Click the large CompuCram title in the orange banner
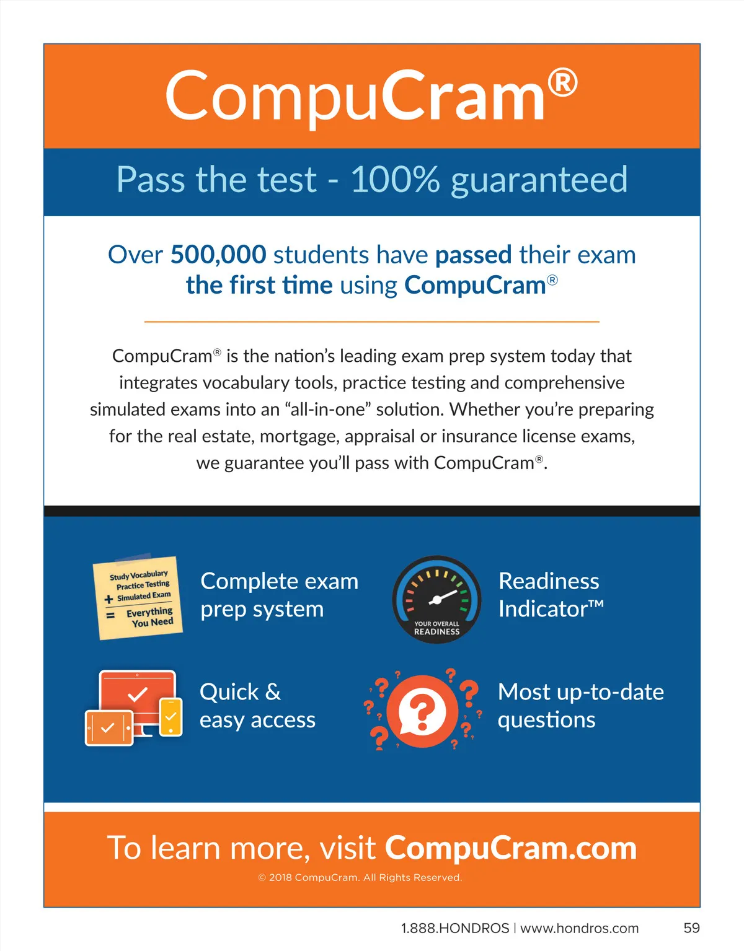355,97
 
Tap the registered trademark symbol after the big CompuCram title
562,83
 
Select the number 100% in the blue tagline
395,180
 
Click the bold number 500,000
218,255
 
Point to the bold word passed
473,255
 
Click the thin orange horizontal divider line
372,322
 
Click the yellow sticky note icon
139,597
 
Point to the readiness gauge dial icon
436,599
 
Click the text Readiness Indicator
551,595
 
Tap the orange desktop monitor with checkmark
138,697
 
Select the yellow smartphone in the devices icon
171,717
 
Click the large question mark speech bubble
423,711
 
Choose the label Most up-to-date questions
580,706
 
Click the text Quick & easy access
257,706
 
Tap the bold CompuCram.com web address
511,848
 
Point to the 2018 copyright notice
360,877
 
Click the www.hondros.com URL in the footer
579,928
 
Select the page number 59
691,928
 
